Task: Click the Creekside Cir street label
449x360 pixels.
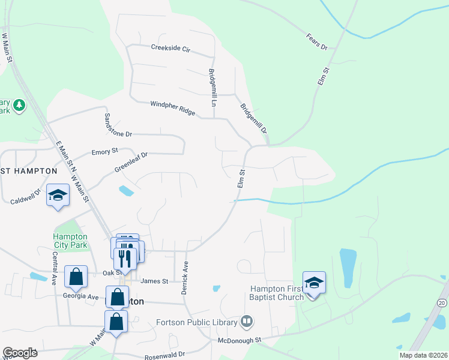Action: point(170,48)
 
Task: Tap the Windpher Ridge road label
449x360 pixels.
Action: point(173,108)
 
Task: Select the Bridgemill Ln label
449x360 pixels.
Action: point(212,88)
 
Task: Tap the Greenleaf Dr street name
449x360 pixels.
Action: point(131,163)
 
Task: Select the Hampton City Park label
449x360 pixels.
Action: point(70,241)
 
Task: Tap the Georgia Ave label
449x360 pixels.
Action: point(80,296)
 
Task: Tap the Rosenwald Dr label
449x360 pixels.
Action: point(165,355)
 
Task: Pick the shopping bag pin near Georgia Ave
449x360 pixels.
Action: point(76,277)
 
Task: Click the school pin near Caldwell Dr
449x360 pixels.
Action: point(58,196)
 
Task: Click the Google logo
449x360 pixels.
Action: point(20,353)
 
